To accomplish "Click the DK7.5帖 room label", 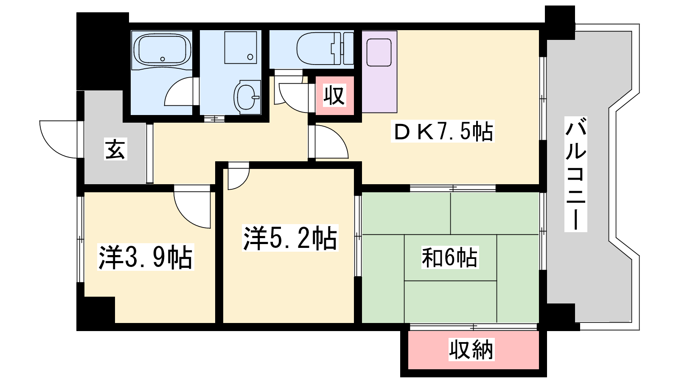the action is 443,131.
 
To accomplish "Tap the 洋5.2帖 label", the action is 290,238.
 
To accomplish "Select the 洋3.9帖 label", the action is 146,257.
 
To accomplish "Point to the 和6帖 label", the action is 450,257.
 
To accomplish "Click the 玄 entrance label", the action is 115,149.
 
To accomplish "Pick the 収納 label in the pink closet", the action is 471,350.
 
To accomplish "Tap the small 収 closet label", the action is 334,95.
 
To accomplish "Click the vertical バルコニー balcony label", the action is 575,174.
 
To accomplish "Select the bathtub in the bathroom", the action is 162,51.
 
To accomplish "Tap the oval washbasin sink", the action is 247,97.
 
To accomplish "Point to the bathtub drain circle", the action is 163,59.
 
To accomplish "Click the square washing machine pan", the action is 241,48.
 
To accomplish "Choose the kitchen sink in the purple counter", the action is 379,53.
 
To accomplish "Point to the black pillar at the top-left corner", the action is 103,51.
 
